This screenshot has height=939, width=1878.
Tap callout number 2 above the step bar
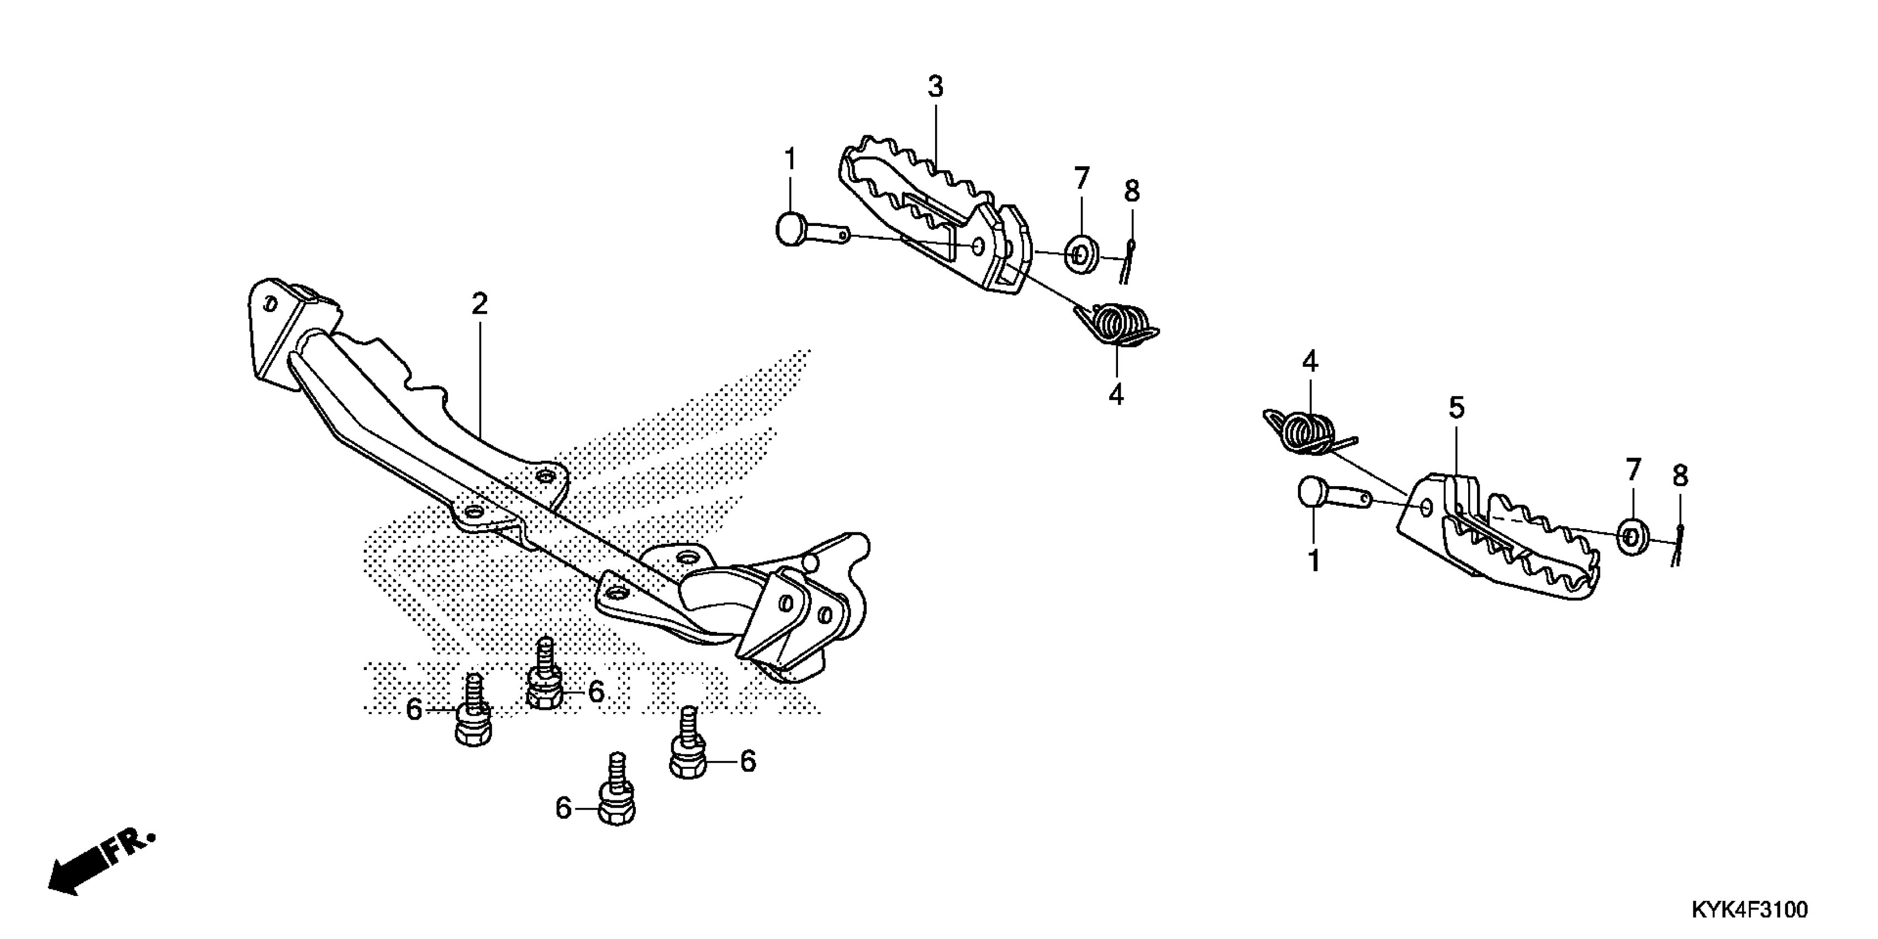point(479,304)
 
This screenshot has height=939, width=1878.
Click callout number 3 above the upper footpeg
point(935,87)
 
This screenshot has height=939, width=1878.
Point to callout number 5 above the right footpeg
point(1456,408)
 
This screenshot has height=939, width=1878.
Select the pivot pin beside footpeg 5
point(1331,495)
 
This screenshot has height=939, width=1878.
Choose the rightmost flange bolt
point(687,751)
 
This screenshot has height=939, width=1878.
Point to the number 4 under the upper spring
point(1115,394)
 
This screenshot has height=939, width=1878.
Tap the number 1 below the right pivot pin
point(1313,561)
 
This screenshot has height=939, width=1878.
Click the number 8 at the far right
point(1680,476)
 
